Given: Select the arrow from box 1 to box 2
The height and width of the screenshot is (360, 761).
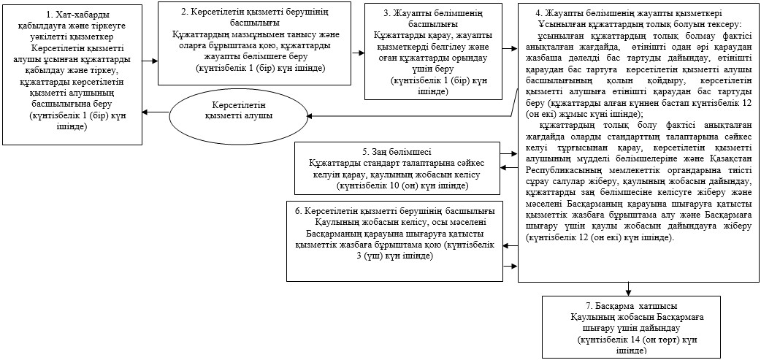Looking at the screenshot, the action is click(150, 61).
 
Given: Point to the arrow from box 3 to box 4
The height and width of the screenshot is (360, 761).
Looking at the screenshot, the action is click(510, 48).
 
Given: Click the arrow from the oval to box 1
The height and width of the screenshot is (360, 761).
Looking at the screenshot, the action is click(156, 112).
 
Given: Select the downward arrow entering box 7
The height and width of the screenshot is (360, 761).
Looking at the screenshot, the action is click(629, 288).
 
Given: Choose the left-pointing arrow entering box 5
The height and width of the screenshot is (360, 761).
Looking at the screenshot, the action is click(509, 168).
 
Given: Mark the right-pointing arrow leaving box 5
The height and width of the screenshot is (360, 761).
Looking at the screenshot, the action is click(509, 154).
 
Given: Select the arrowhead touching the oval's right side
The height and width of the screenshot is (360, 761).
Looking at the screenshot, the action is click(311, 115).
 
